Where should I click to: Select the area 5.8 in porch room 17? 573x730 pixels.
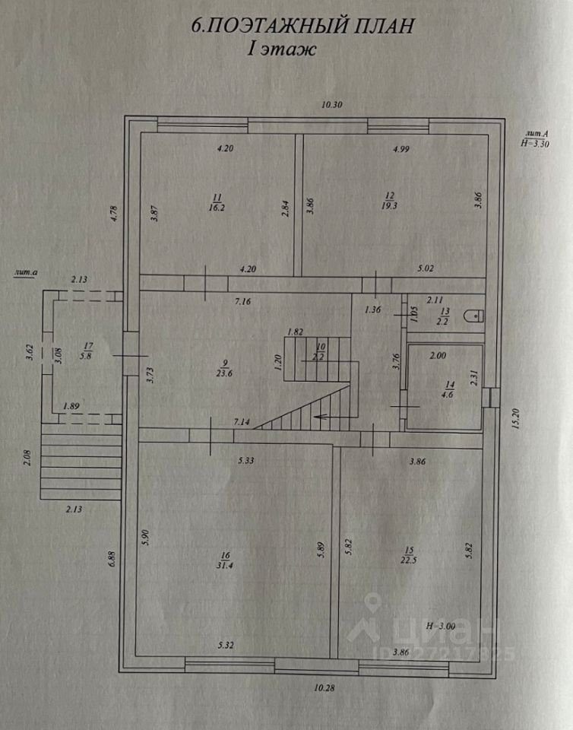click(86, 354)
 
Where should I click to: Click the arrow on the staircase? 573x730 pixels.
click(321, 416)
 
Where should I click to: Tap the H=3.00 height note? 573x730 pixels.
click(442, 626)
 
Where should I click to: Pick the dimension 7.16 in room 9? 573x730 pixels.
click(242, 302)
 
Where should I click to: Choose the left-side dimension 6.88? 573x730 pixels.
click(112, 559)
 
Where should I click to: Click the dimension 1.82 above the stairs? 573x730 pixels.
click(296, 332)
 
